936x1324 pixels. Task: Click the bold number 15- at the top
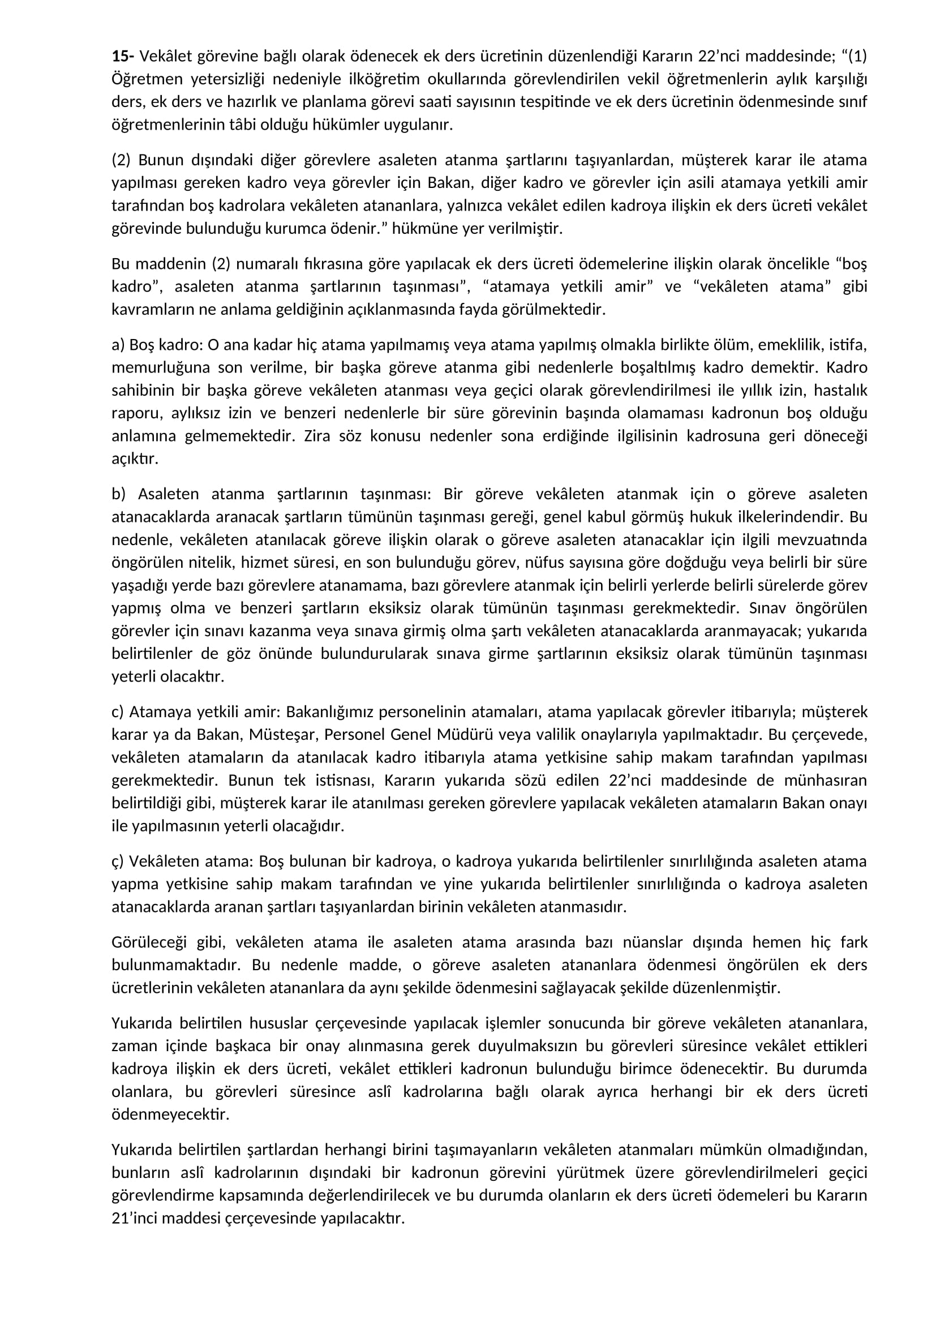123,56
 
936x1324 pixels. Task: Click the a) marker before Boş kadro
118,345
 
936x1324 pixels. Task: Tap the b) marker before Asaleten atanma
119,494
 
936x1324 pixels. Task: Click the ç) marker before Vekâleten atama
118,862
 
